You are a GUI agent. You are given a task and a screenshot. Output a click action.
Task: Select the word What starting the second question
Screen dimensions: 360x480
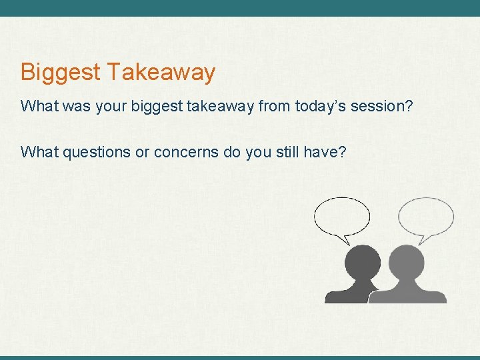point(40,152)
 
